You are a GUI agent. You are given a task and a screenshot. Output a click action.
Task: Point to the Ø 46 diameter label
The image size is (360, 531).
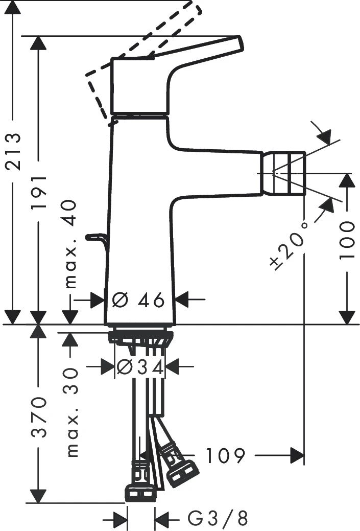(x=138, y=300)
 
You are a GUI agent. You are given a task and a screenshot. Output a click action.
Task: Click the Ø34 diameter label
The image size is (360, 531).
(x=140, y=366)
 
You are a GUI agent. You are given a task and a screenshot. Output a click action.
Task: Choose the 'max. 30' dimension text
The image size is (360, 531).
(x=72, y=411)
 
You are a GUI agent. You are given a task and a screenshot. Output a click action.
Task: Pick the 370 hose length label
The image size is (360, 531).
(x=39, y=416)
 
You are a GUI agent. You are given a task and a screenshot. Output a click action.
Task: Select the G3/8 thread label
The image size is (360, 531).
(x=218, y=519)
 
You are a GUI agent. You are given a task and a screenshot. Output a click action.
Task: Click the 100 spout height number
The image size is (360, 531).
(x=348, y=240)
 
